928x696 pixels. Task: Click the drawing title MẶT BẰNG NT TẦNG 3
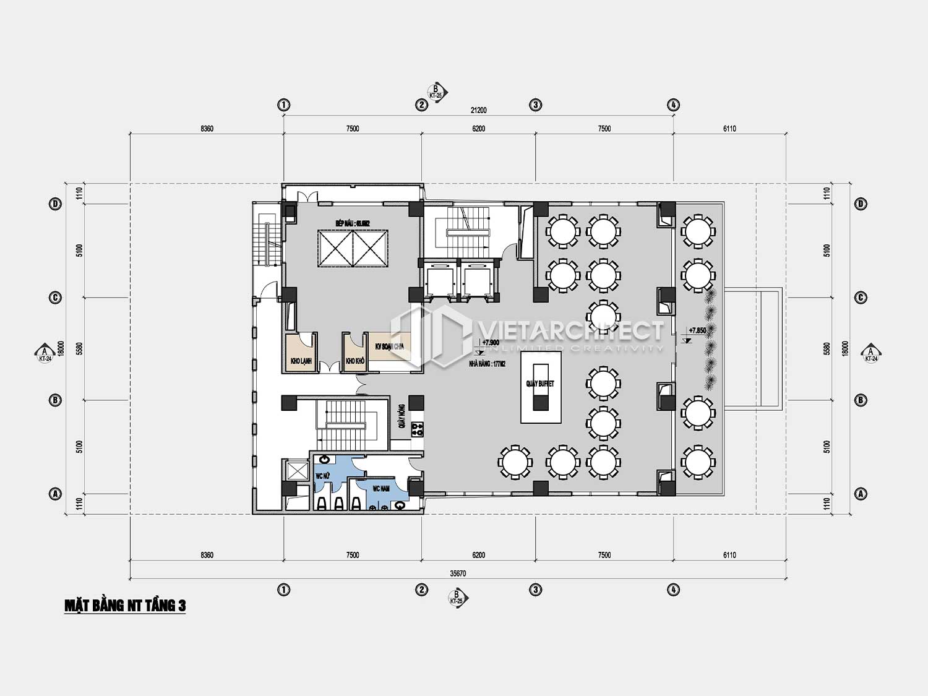125,606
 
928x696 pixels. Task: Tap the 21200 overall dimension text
478,111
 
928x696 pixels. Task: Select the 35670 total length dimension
458,574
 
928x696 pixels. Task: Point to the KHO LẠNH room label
301,361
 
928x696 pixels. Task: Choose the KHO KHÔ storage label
355,361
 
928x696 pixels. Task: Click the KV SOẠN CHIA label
389,346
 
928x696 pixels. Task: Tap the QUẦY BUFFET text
540,384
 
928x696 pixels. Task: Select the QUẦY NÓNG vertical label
402,416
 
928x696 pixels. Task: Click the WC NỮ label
323,476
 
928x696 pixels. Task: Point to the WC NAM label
380,489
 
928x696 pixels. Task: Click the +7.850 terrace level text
697,330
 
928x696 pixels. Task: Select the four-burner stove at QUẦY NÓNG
417,427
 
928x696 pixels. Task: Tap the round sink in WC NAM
400,505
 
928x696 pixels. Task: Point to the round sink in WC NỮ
325,459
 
